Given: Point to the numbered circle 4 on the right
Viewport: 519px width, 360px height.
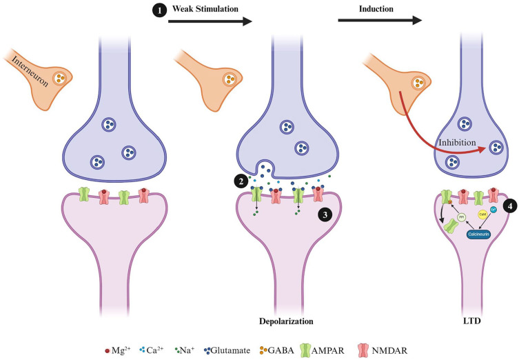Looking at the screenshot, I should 505,206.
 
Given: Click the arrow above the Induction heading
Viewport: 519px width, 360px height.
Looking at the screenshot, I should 379,21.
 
